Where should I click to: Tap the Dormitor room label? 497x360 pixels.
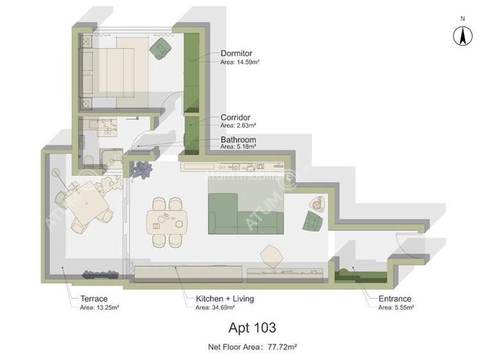(237, 54)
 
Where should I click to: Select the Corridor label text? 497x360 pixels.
(235, 118)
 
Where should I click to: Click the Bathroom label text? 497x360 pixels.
(238, 140)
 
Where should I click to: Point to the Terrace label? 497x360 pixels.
(94, 299)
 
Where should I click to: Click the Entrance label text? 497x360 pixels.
(395, 299)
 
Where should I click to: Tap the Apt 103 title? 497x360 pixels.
(252, 328)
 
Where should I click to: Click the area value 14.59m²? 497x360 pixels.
(247, 62)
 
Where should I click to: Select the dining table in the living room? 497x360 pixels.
(168, 221)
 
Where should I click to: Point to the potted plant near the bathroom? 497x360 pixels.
(141, 169)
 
